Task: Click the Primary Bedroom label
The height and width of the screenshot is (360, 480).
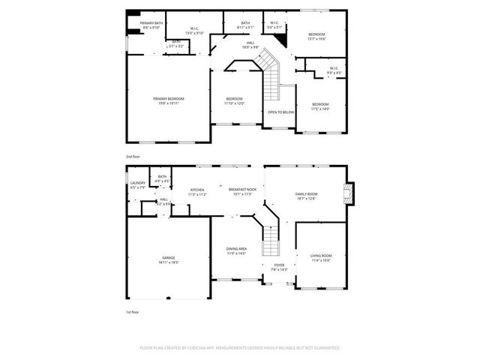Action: [x=169, y=100]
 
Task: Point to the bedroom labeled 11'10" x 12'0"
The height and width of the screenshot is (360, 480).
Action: [x=235, y=100]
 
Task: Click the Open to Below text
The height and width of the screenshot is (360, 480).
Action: [x=280, y=112]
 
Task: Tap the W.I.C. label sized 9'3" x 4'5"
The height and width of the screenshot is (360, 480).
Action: [x=334, y=70]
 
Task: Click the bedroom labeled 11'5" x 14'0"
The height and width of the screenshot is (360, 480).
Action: [x=319, y=106]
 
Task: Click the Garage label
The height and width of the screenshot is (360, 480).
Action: [x=169, y=259]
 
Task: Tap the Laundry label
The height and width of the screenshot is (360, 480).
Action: [x=137, y=184]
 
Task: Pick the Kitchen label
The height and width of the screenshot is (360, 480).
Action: [x=197, y=191]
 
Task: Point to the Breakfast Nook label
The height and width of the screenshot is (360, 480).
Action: [x=242, y=191]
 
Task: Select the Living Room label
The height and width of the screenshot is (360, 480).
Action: [x=321, y=258]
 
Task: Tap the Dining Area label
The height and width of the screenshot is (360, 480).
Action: [x=236, y=251]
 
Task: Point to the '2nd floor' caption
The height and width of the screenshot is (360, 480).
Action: [x=133, y=156]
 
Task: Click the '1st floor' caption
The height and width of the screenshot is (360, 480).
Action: [x=132, y=310]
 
